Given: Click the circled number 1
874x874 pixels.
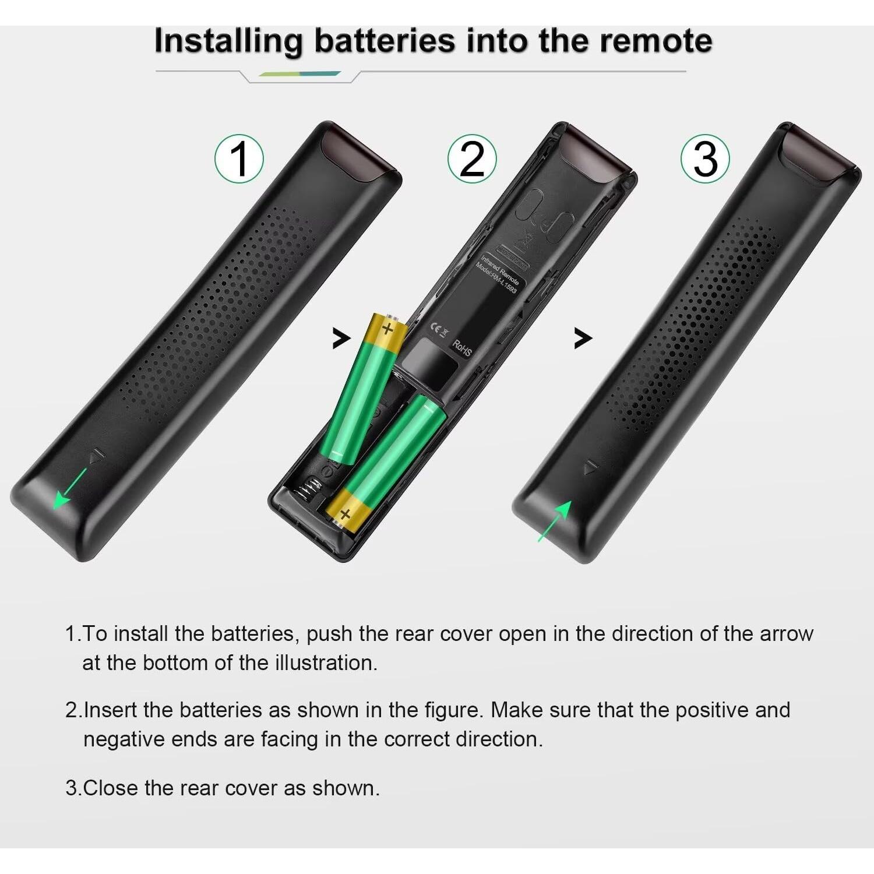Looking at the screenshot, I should (239, 158).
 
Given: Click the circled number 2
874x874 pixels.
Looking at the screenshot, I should (472, 158).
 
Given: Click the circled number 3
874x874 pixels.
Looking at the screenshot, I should (705, 158).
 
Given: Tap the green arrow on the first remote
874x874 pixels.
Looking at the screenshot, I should (69, 489).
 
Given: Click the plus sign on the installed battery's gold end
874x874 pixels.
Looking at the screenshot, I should (345, 514).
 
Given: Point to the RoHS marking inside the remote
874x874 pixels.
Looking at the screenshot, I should (462, 348).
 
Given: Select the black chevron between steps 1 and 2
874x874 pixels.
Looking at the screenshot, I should (341, 338).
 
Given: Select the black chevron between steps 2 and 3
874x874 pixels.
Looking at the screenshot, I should (582, 338).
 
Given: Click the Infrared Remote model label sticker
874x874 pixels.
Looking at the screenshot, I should (500, 274).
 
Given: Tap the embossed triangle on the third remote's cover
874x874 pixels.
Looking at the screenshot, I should (591, 467).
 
